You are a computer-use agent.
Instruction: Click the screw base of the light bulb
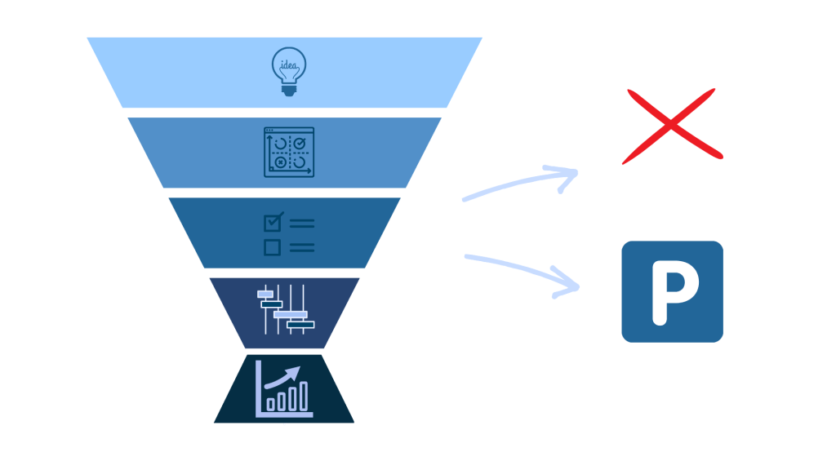(x=289, y=90)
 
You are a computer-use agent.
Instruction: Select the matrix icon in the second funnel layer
(x=289, y=152)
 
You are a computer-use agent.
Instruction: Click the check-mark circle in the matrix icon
(x=299, y=144)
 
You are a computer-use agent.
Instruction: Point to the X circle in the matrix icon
(x=280, y=162)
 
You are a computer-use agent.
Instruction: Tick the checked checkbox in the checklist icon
(x=273, y=222)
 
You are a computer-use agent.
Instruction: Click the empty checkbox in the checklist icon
(x=273, y=246)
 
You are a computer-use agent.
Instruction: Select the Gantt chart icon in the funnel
(x=286, y=309)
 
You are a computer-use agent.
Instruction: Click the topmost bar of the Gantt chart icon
(x=265, y=294)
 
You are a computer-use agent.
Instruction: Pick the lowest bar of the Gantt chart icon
(x=300, y=324)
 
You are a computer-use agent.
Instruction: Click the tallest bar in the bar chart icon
(x=304, y=396)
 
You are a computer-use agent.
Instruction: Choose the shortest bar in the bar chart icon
(x=271, y=404)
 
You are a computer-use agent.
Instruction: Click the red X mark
(x=671, y=126)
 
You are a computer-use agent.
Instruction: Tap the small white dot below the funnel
(x=284, y=424)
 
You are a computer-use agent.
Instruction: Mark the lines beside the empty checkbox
(x=301, y=246)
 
